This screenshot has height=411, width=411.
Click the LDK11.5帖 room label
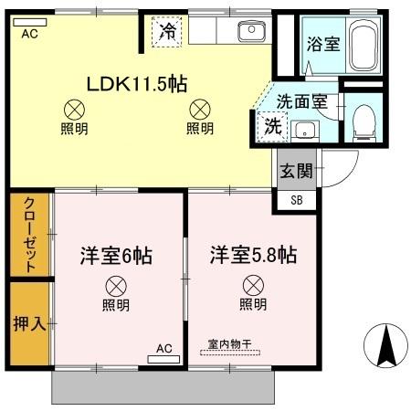[x=137, y=84]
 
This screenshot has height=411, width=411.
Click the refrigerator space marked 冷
[x=167, y=31]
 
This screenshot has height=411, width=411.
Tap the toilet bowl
[x=363, y=120]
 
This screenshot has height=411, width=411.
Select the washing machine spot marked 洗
[x=272, y=127]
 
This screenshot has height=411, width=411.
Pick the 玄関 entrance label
[x=296, y=170]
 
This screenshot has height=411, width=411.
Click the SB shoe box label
[x=296, y=200]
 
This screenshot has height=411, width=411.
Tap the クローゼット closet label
[x=29, y=235]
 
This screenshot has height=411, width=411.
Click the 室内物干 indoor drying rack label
[x=228, y=344]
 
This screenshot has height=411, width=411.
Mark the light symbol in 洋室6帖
[x=115, y=284]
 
